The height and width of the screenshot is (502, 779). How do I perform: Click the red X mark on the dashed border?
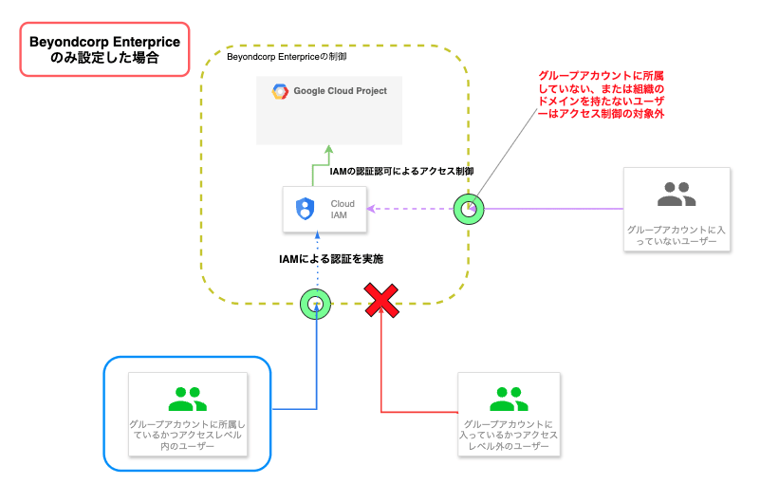[x=381, y=303]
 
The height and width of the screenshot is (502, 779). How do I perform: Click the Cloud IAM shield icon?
[x=306, y=209]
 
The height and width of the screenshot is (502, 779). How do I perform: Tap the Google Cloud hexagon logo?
[x=280, y=92]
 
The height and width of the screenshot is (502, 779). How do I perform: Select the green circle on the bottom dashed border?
[x=315, y=304]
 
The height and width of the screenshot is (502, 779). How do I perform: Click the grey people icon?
[x=677, y=195]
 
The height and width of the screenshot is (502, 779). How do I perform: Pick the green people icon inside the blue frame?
[x=187, y=397]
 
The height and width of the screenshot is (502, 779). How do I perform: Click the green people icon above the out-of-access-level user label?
[x=509, y=397]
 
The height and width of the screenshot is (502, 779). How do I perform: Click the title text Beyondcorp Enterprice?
[x=104, y=42]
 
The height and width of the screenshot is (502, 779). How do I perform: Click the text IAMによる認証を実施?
[x=330, y=258]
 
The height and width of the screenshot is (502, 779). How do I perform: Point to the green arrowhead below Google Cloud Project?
[x=329, y=149]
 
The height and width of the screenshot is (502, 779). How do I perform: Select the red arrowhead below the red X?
[x=381, y=317]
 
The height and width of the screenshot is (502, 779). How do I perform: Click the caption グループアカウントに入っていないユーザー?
[x=677, y=236]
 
